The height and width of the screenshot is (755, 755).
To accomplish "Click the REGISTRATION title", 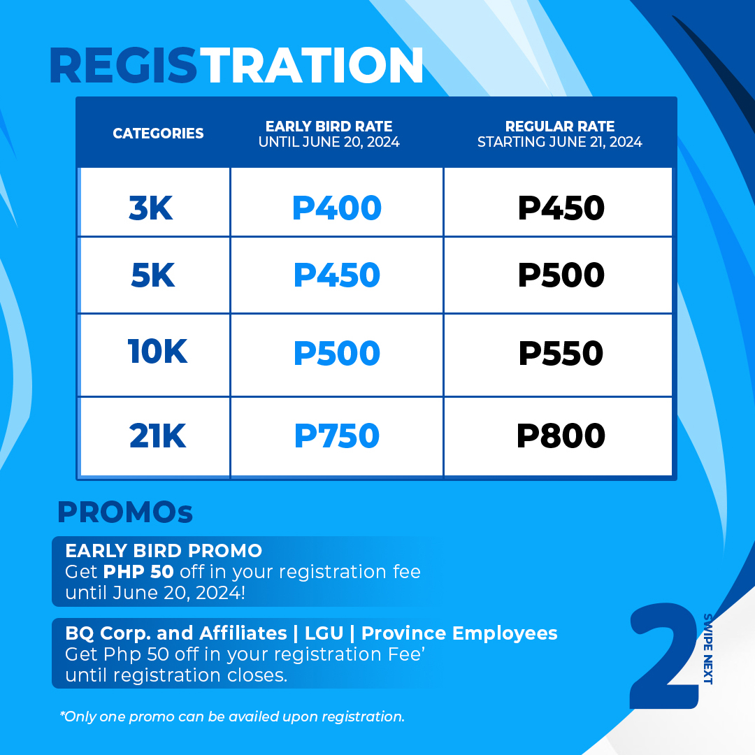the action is (236, 66).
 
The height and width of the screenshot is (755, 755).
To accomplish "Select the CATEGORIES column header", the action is (158, 134).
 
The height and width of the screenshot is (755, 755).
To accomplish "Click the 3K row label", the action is (151, 208).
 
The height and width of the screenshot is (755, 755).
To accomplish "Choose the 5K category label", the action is (152, 275).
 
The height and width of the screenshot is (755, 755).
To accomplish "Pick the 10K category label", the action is (157, 351).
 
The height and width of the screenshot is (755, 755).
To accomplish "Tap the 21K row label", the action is (157, 436).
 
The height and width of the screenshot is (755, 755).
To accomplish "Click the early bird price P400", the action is (337, 208).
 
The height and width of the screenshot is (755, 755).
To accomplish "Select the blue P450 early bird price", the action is (337, 275).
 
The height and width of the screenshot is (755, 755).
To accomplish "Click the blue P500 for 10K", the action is (337, 353).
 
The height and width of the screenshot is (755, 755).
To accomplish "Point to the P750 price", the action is (337, 436).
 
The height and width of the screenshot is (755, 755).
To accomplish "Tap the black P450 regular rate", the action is (561, 208).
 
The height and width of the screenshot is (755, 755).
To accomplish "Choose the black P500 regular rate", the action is (561, 275).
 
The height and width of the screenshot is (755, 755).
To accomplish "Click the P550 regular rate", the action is (561, 353).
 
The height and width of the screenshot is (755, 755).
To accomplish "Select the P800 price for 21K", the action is (561, 436).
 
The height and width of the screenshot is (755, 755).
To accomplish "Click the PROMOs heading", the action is (125, 512).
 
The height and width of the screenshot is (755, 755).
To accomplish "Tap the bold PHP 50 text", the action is (138, 572).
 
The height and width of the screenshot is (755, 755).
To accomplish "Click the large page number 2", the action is (665, 656).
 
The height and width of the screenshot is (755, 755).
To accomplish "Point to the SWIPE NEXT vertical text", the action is (707, 649).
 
